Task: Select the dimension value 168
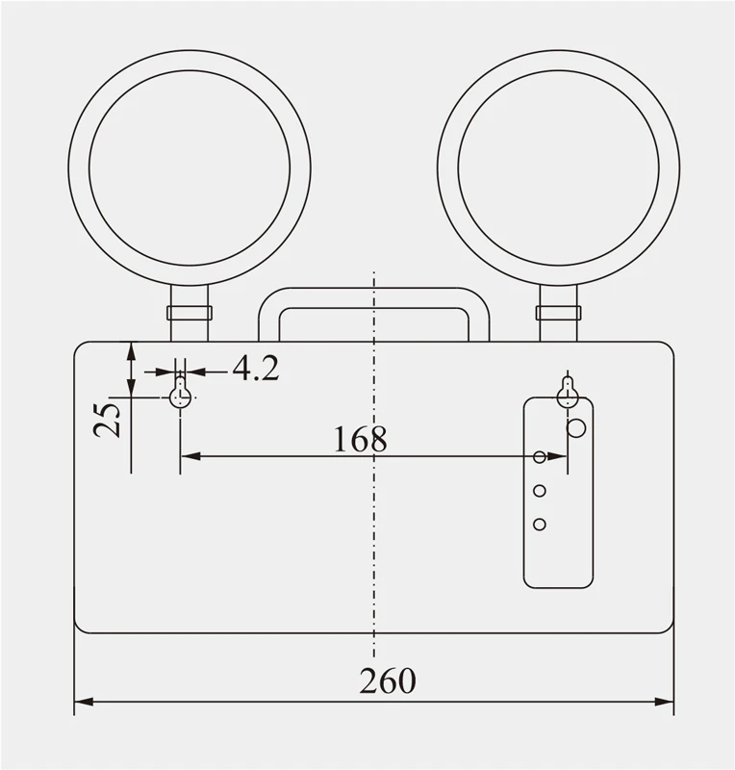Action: click(x=360, y=439)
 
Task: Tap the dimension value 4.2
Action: click(x=255, y=368)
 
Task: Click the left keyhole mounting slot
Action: click(x=180, y=395)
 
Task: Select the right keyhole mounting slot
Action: click(x=569, y=394)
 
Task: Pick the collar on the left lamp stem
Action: click(x=190, y=313)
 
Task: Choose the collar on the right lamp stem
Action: click(x=559, y=313)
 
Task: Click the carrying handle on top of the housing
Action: click(x=374, y=298)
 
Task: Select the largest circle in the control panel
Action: click(x=577, y=427)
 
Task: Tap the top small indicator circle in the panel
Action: click(x=540, y=456)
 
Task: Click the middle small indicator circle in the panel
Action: click(x=540, y=491)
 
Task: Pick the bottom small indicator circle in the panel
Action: click(x=540, y=524)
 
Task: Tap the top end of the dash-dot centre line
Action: click(x=374, y=274)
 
